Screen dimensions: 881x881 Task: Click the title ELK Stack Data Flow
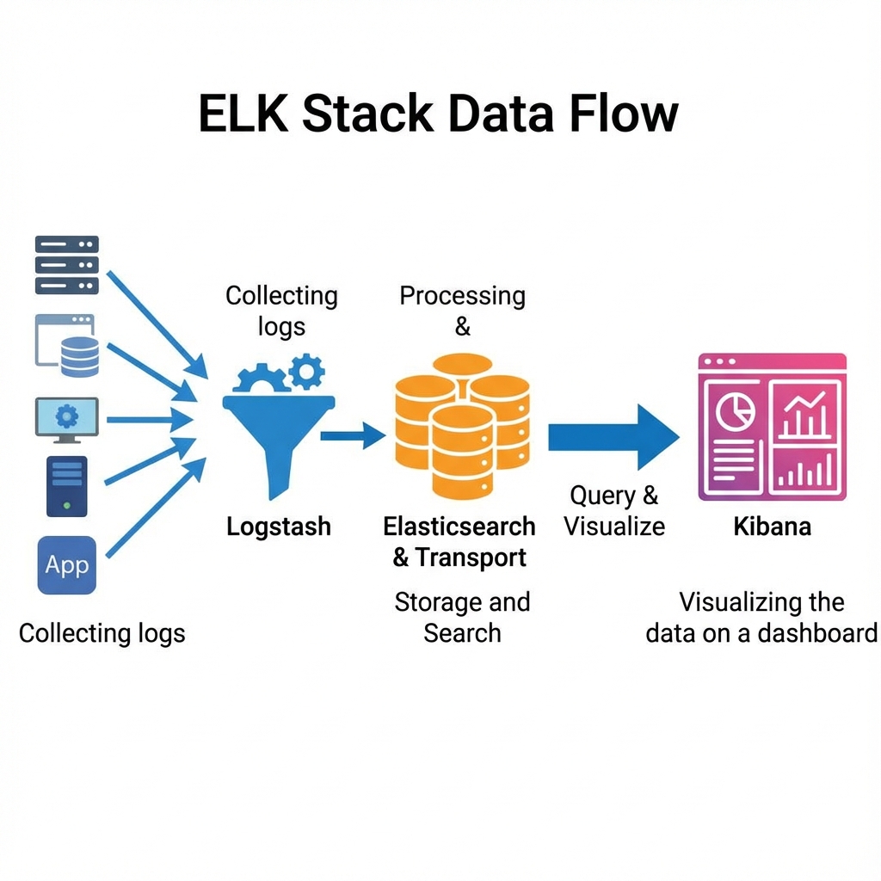(439, 114)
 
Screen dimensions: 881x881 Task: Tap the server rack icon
(67, 265)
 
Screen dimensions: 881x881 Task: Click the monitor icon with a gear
(67, 420)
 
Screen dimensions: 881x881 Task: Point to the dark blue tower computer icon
(67, 486)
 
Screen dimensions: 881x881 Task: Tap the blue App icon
(67, 565)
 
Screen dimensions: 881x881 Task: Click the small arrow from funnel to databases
(353, 436)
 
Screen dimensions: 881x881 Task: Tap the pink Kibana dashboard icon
(772, 427)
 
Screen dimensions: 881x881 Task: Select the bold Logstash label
(278, 527)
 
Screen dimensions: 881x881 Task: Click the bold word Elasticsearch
(459, 527)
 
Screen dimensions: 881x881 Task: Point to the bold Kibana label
(772, 527)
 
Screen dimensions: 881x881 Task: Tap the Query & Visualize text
(614, 510)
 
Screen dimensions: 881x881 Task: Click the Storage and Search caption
(462, 618)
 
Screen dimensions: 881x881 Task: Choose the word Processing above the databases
(462, 296)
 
